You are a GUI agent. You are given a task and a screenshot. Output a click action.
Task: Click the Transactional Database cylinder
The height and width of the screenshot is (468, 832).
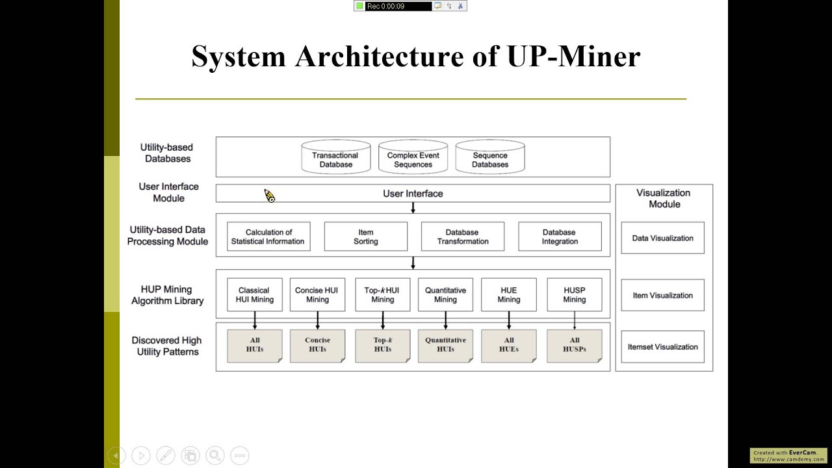335,158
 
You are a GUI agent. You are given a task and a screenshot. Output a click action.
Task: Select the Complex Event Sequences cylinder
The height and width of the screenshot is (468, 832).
413,158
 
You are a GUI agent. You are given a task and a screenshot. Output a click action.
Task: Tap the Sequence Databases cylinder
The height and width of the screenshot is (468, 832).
490,158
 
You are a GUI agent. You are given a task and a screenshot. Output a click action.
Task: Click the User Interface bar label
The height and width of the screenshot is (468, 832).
413,194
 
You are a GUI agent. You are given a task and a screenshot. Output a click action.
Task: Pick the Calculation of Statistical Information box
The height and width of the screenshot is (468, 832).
268,237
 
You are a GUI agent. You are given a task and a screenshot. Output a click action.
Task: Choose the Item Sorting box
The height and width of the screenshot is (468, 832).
365,237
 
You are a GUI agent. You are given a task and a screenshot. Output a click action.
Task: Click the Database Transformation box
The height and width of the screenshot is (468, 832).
462,237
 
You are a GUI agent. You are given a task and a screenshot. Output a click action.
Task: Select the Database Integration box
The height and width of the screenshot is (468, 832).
560,237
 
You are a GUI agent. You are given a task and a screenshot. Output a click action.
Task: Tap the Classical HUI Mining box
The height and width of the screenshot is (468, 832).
254,295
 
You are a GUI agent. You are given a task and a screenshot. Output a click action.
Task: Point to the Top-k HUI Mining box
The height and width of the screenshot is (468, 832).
382,295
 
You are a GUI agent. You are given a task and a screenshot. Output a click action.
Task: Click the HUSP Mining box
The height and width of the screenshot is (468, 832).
574,295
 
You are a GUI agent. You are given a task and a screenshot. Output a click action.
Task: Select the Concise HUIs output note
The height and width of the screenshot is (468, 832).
317,345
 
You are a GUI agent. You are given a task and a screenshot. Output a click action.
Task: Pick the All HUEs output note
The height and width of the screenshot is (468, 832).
508,345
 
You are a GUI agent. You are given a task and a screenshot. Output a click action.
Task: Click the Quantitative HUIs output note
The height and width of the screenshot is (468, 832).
445,345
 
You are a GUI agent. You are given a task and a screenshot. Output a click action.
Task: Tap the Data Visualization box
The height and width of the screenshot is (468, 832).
662,238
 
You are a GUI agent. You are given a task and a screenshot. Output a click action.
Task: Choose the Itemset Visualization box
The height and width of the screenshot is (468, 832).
662,347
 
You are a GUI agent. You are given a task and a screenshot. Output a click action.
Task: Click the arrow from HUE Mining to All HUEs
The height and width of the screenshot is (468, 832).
508,320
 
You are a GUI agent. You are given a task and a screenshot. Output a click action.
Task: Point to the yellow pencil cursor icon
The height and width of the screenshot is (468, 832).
269,196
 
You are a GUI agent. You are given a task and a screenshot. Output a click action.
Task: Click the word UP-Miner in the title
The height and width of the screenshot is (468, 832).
573,57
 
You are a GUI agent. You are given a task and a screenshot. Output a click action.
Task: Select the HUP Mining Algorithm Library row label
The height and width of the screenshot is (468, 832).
168,295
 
